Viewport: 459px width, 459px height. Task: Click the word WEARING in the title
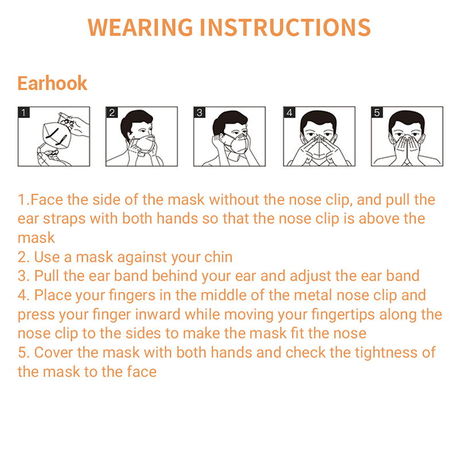140,28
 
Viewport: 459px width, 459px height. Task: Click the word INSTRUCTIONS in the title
285,28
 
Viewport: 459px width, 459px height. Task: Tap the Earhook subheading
52,83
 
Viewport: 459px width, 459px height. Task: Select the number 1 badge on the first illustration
24,112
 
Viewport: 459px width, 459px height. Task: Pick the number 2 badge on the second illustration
112,112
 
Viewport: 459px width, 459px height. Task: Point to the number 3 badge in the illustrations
200,112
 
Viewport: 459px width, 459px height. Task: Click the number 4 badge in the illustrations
290,112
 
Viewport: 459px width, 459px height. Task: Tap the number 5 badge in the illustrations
377,112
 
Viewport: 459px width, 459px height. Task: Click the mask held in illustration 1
56,135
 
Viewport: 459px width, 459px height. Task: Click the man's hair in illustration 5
407,119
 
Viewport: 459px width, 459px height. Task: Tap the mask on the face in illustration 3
238,143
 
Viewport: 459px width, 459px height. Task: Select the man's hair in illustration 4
318,119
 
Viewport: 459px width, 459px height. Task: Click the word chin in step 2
218,257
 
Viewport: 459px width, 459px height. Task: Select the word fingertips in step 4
343,314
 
